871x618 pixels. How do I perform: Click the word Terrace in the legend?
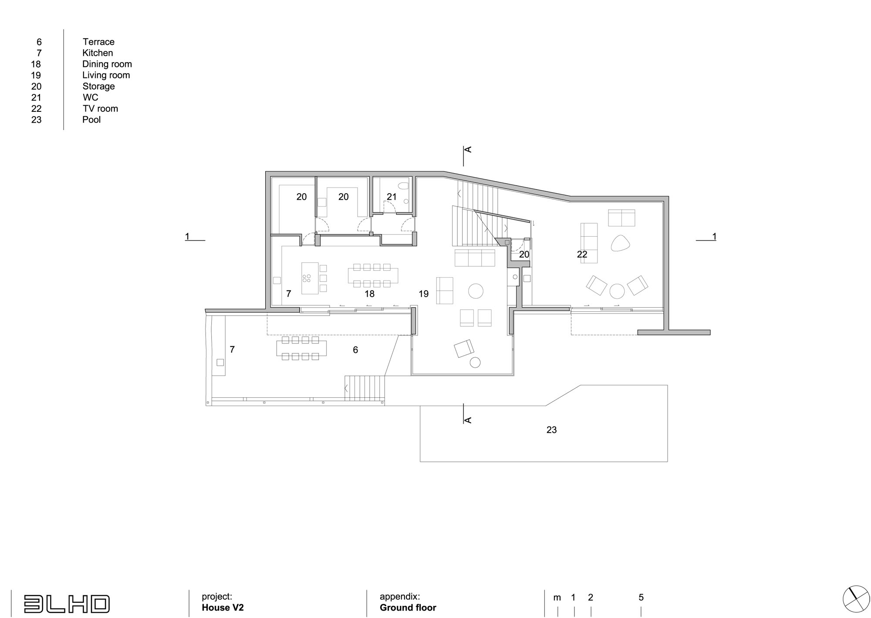(98, 42)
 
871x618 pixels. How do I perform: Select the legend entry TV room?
(100, 108)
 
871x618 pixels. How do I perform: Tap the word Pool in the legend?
(91, 120)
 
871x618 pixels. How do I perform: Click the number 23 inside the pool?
(551, 430)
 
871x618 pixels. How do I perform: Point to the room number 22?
(582, 255)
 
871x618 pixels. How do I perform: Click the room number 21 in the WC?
(392, 197)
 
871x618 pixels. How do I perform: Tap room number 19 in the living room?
(424, 294)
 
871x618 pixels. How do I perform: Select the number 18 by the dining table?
(369, 294)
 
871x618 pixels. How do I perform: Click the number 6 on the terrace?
(355, 350)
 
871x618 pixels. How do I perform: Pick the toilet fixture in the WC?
(404, 186)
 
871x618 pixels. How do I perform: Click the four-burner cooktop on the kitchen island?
(307, 278)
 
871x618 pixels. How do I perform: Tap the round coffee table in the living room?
(476, 291)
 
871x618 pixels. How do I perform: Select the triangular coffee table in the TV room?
(620, 243)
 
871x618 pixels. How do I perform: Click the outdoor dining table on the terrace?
(301, 348)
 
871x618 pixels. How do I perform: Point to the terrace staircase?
(365, 388)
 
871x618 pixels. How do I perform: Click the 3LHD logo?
(67, 604)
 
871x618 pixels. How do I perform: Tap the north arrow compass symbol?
(856, 599)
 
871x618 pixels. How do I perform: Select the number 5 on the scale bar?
(641, 598)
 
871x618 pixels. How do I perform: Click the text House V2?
(223, 608)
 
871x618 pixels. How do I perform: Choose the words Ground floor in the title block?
(408, 608)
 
